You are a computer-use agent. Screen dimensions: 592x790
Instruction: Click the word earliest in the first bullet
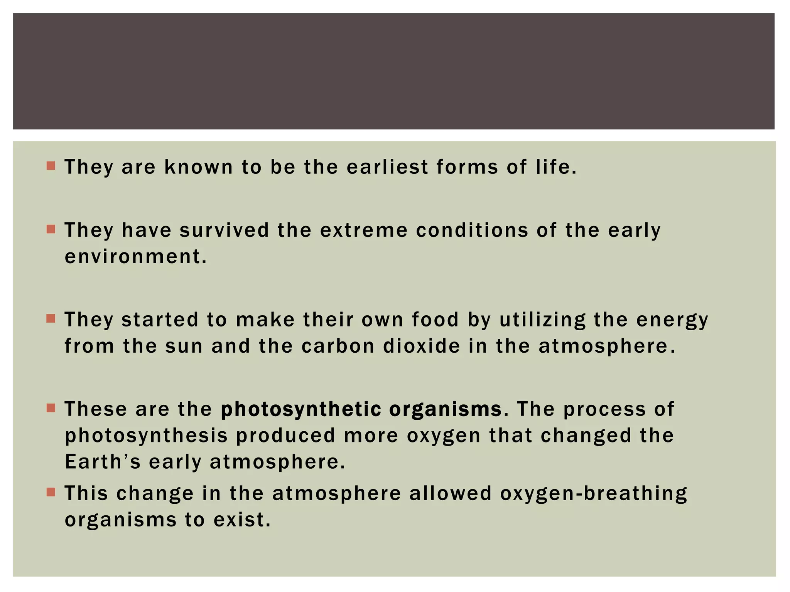click(387, 167)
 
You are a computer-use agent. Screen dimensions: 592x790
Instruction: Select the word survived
click(224, 230)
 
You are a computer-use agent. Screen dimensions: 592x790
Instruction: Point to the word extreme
click(363, 230)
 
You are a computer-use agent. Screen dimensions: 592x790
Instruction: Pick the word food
click(435, 320)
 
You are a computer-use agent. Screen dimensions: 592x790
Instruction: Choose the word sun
click(184, 346)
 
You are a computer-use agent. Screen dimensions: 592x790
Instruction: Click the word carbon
click(338, 346)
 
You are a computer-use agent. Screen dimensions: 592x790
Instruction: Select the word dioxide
click(422, 346)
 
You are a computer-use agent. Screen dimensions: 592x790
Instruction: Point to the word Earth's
click(103, 462)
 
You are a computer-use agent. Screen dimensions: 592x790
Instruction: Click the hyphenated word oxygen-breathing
click(594, 494)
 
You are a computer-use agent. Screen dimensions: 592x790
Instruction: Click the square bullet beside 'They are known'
click(51, 166)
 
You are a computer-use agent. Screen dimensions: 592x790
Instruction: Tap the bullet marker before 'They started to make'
click(51, 318)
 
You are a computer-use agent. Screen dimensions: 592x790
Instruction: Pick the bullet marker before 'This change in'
click(51, 492)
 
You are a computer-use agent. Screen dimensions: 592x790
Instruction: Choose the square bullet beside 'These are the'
click(51, 408)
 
